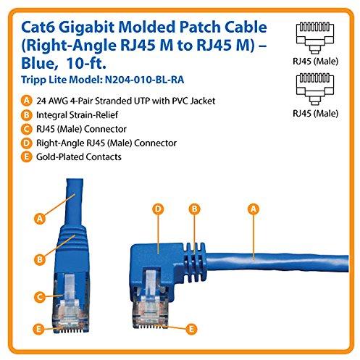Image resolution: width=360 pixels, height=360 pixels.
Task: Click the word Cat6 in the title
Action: pyautogui.click(x=38, y=27)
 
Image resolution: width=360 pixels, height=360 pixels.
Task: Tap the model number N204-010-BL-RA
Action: pyautogui.click(x=145, y=80)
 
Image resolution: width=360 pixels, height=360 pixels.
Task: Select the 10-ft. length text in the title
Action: pyautogui.click(x=85, y=63)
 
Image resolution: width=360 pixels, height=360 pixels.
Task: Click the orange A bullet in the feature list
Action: pyautogui.click(x=26, y=101)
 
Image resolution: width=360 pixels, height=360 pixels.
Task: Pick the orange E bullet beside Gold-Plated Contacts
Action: pyautogui.click(x=26, y=156)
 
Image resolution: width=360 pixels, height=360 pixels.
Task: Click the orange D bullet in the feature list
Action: pyautogui.click(x=26, y=143)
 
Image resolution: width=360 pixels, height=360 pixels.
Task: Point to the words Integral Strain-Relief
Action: pyautogui.click(x=77, y=115)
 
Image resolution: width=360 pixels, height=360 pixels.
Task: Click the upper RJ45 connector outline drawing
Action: pyautogui.click(x=315, y=38)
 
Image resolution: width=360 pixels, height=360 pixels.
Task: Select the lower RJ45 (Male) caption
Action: pyautogui.click(x=315, y=113)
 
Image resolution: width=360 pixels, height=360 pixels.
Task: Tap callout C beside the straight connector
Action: pyautogui.click(x=40, y=297)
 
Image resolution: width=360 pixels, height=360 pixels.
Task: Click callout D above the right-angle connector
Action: pyautogui.click(x=158, y=209)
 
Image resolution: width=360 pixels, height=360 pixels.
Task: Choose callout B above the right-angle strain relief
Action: pyautogui.click(x=194, y=209)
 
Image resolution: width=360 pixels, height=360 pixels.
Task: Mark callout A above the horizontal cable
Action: pyautogui.click(x=254, y=209)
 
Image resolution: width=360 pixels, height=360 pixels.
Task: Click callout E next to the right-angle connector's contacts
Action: pyautogui.click(x=191, y=329)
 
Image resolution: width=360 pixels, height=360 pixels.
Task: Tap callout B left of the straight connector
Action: pyautogui.click(x=40, y=259)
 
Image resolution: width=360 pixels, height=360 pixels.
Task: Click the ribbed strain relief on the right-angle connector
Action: pyautogui.click(x=194, y=262)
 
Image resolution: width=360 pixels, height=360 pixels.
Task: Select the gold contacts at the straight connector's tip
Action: pyautogui.click(x=70, y=330)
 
